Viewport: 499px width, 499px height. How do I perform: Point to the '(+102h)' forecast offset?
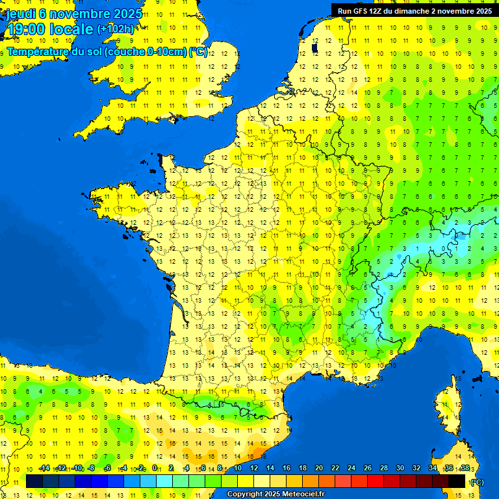point(116,29)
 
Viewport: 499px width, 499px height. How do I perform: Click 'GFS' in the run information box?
point(363,11)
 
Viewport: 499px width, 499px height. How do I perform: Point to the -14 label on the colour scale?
point(44,468)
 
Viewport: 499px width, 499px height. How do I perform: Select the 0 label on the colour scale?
point(155,468)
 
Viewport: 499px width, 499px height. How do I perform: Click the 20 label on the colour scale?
point(318,468)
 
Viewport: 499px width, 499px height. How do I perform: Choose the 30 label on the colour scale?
point(400,468)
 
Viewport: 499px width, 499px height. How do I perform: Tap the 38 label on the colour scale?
point(465,468)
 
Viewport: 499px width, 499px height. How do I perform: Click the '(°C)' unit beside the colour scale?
point(478,481)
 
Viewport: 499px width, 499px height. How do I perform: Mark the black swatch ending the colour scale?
point(457,481)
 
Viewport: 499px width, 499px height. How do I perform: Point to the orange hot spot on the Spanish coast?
point(259,450)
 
